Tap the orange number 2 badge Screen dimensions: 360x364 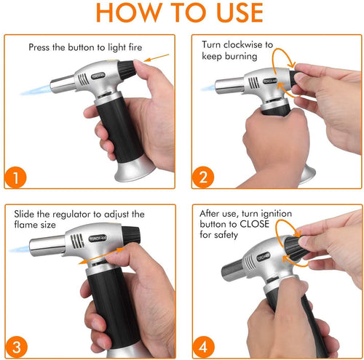pyautogui.click(x=204, y=177)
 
